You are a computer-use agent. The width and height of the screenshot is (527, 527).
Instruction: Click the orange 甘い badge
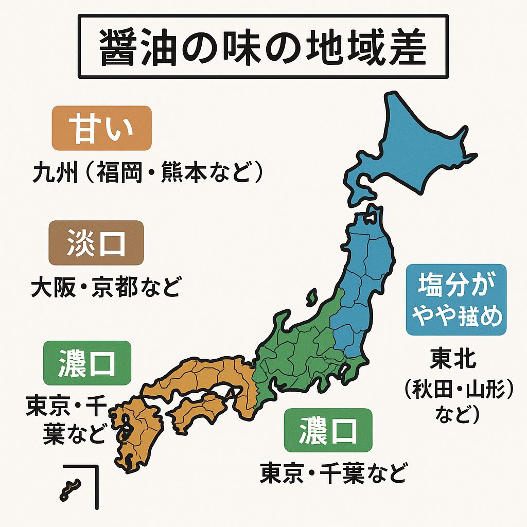[x=101, y=128]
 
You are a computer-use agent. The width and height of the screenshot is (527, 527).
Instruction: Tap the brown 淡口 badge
[x=96, y=242]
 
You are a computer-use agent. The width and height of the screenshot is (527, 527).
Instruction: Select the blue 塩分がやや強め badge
[x=456, y=300]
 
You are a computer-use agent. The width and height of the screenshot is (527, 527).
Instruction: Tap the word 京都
[x=115, y=288]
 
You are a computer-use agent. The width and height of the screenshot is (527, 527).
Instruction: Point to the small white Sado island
[x=312, y=297]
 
